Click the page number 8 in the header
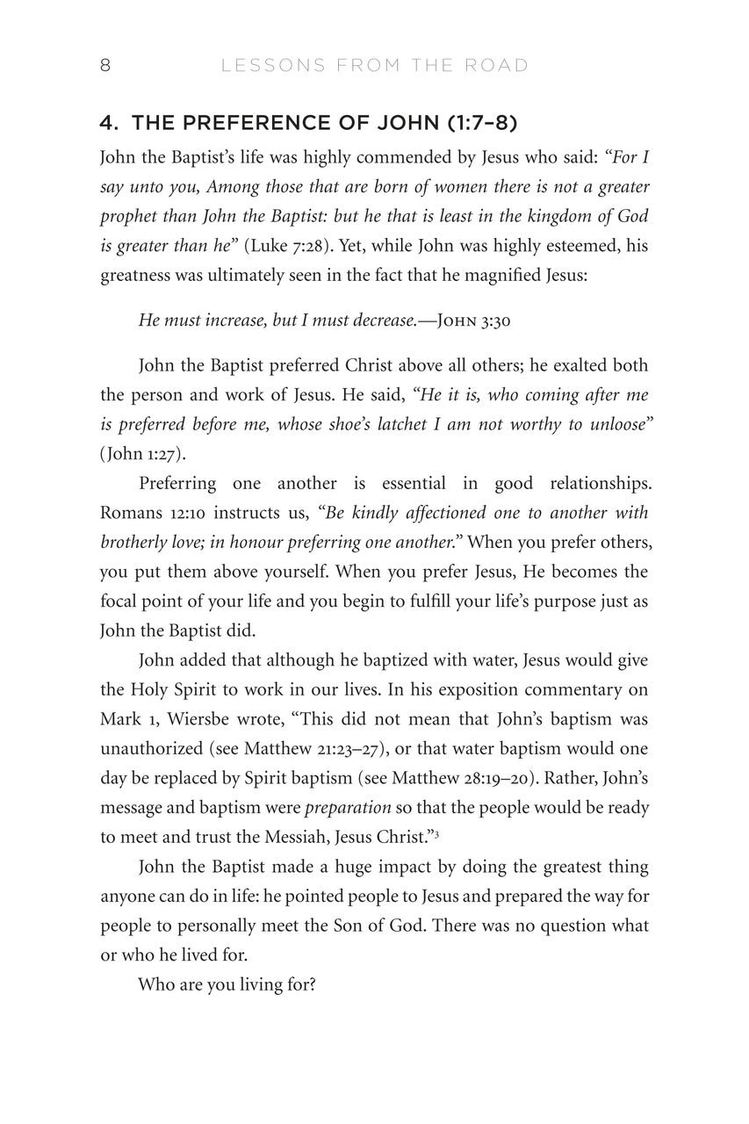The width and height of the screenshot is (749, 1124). [105, 66]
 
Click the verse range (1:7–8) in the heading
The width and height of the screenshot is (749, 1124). [480, 123]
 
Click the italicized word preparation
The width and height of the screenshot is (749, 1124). [348, 808]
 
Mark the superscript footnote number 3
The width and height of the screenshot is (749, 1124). [436, 833]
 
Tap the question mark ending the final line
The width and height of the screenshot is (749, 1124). [312, 985]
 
